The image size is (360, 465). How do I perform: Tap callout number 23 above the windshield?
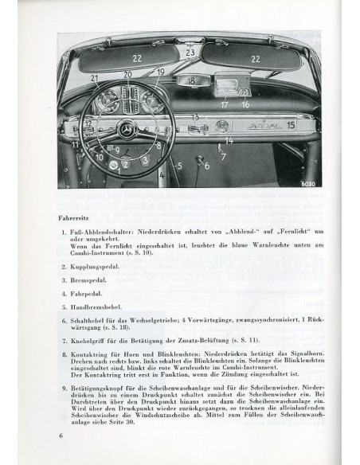click(x=190, y=53)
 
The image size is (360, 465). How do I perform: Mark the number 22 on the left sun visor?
click(x=137, y=58)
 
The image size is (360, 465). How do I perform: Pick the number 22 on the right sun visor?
click(x=256, y=58)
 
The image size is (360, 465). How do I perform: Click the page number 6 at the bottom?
click(x=60, y=436)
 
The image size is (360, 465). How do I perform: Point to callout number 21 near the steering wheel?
click(x=94, y=78)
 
